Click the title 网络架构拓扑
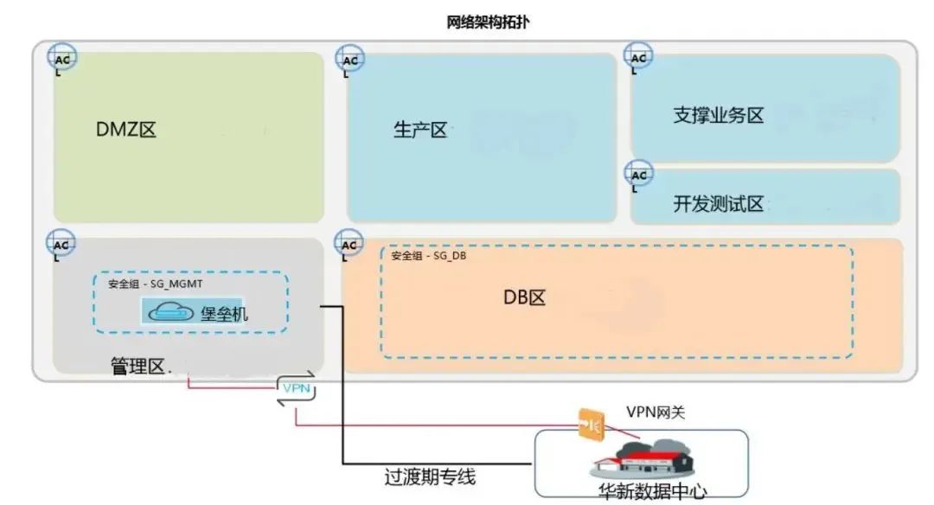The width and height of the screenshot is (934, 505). [488, 22]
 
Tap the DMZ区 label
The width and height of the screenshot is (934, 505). [126, 131]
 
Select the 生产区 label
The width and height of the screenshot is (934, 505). [420, 131]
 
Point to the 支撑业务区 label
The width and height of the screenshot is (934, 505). [719, 115]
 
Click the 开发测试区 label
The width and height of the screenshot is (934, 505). [719, 205]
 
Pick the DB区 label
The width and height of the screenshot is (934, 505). [525, 297]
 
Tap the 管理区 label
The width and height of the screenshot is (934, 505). [138, 366]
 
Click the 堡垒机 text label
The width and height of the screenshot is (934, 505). [224, 312]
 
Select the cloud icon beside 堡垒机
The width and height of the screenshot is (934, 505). [171, 312]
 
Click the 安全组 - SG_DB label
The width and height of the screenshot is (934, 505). [429, 256]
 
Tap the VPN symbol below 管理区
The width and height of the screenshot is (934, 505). [296, 388]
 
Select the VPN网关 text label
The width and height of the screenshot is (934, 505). [656, 413]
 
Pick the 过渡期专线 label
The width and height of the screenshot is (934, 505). [430, 476]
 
